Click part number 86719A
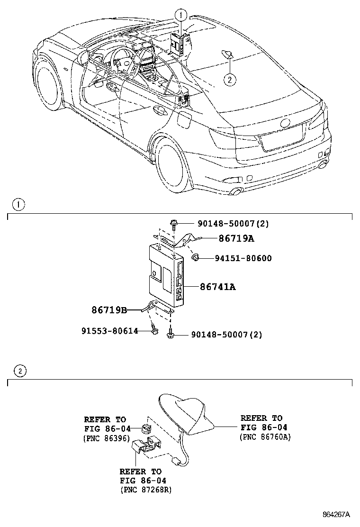pos(236,238)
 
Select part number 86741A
pos(217,287)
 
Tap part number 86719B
pos(109,310)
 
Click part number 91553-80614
pos(109,331)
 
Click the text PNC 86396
pos(107,438)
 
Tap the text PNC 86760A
pos(265,436)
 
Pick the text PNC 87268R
pos(145,490)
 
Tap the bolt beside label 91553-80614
pos(154,329)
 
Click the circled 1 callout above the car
pos(180,16)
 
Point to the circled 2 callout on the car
pos(230,80)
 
